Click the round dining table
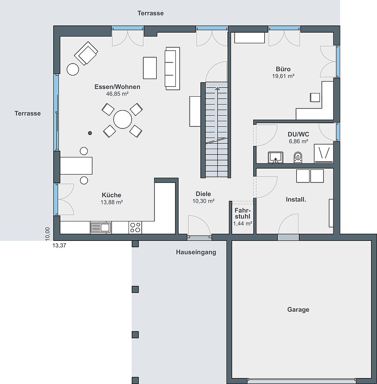(123, 119)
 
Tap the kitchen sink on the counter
(101, 227)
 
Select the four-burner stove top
(135, 227)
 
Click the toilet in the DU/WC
(298, 157)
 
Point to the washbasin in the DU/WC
(275, 157)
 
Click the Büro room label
(283, 69)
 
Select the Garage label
(298, 310)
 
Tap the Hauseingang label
(196, 252)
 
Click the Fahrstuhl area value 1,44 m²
(242, 223)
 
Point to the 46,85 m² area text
(117, 93)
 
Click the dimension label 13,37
(59, 245)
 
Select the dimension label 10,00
(48, 234)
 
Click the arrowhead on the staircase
(217, 88)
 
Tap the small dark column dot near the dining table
(90, 133)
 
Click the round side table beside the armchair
(73, 69)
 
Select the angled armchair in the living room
(86, 53)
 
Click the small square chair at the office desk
(315, 97)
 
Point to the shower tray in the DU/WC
(323, 153)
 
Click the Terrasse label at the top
(151, 13)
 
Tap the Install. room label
(296, 200)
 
